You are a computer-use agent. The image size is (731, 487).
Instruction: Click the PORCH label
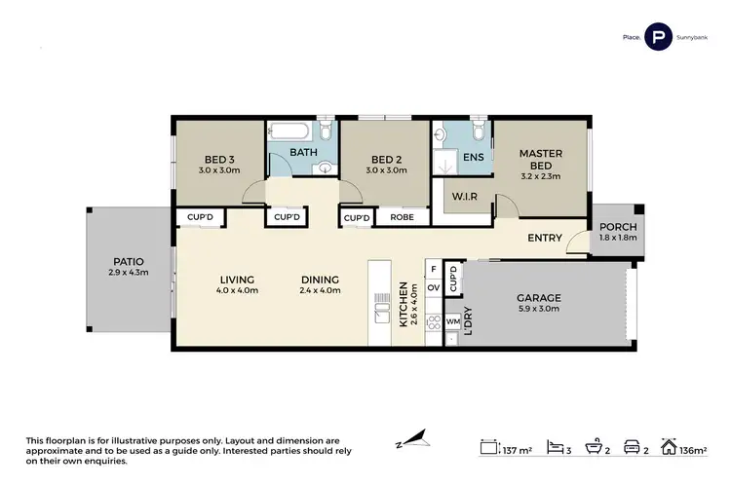click(x=618, y=226)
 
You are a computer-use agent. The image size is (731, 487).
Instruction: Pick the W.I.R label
click(x=462, y=196)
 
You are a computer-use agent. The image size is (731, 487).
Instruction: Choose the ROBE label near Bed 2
click(x=402, y=217)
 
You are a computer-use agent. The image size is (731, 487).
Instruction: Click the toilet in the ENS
click(x=478, y=131)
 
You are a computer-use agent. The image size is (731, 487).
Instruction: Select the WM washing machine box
click(x=452, y=319)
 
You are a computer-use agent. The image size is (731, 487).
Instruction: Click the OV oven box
click(x=434, y=287)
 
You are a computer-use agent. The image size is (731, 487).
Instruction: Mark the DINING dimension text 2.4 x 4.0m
click(x=320, y=289)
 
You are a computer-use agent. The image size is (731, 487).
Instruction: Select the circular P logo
click(x=660, y=38)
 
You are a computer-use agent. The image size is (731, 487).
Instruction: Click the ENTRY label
click(x=544, y=238)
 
